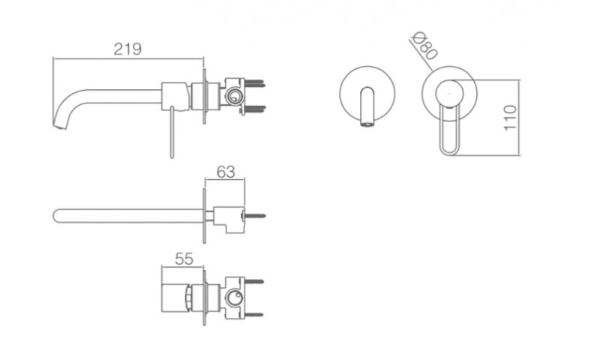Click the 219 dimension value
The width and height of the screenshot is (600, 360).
pos(127,49)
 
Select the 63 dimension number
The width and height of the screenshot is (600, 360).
pos(226,172)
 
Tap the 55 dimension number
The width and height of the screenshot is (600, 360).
pos(184,259)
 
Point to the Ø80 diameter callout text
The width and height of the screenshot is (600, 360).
pos(424,45)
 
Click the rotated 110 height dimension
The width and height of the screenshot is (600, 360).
pos(510,118)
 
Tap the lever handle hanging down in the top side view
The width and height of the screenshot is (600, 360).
pos(172,132)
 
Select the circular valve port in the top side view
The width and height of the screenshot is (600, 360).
pos(233,96)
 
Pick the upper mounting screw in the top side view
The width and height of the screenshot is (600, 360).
pos(254,83)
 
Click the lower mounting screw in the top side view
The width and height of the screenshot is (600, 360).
pos(254,109)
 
